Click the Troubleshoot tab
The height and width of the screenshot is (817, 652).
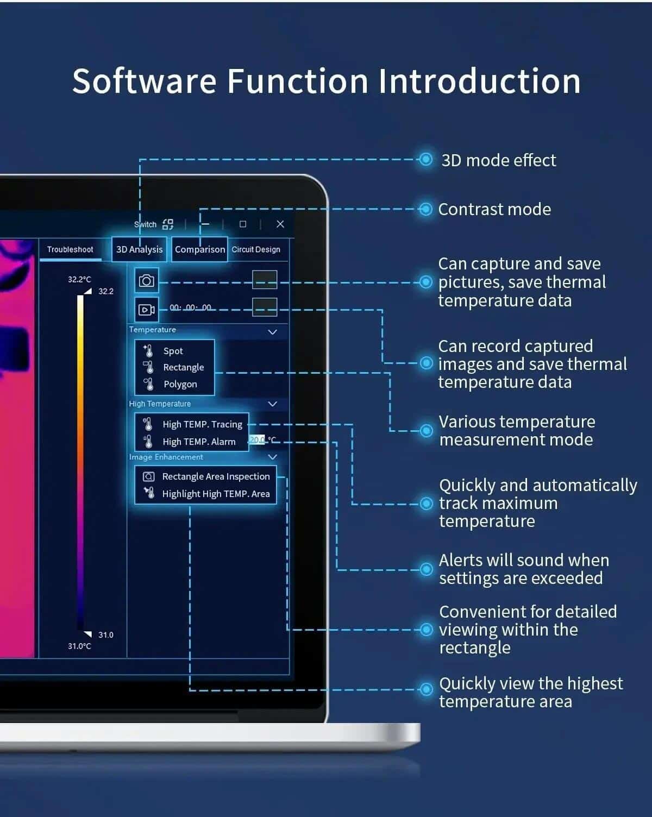coord(70,249)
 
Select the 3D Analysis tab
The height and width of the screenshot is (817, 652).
coord(139,249)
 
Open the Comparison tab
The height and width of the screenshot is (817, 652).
coord(200,249)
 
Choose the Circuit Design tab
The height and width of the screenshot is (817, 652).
coord(256,249)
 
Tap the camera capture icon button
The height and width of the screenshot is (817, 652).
coord(147,280)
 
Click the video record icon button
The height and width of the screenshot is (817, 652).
coord(147,310)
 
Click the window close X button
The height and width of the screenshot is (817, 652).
coord(280,224)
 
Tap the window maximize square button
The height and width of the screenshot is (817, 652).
coord(243,224)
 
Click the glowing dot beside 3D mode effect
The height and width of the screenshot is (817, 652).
coord(425,160)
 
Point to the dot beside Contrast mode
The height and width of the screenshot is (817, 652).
coord(425,209)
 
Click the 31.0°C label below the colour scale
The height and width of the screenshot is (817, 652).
coord(79,646)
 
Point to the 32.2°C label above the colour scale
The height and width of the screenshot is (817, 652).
coord(79,279)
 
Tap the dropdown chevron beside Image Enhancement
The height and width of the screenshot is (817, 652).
coord(272,457)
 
